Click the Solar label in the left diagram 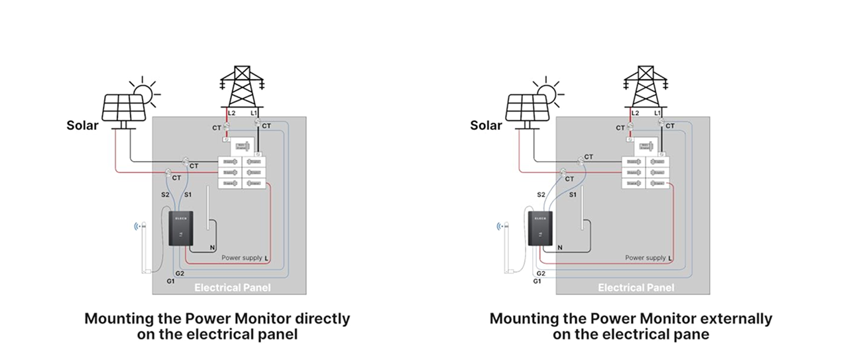click(x=82, y=125)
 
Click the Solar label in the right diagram click(x=486, y=125)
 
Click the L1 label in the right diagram click(x=657, y=114)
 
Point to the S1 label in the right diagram click(x=572, y=195)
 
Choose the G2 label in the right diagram click(x=541, y=273)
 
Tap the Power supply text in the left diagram click(x=241, y=257)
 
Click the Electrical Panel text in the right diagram click(x=636, y=288)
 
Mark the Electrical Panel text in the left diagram click(x=232, y=288)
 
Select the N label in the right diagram click(x=560, y=247)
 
